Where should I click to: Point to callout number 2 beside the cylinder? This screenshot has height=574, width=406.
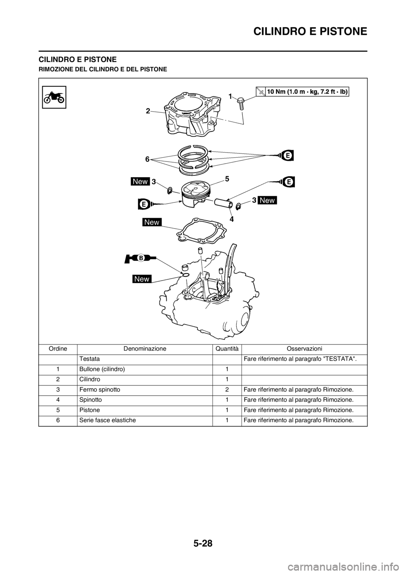[x=148, y=111]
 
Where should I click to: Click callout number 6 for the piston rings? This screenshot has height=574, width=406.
[x=147, y=159]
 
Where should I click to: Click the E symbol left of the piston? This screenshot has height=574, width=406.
[x=144, y=204]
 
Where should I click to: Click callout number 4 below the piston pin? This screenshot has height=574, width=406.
[x=232, y=220]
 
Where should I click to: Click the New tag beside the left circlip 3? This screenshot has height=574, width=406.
[x=140, y=182]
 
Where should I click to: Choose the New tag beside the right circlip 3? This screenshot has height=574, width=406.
[x=267, y=200]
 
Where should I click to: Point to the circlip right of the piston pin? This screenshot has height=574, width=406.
[x=238, y=206]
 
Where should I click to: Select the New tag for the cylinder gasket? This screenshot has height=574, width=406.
[x=152, y=222]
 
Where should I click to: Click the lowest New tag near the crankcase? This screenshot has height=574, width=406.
[x=142, y=279]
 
